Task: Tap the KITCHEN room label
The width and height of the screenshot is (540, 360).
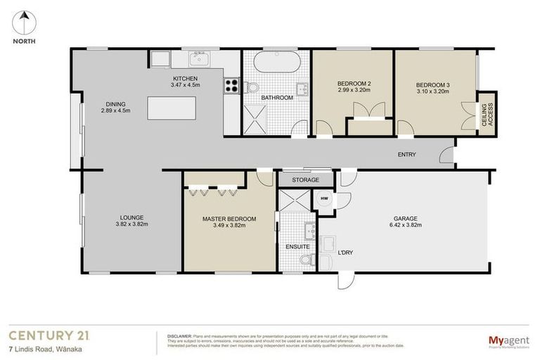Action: [x=185, y=78]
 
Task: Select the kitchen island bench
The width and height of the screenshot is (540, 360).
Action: [x=171, y=108]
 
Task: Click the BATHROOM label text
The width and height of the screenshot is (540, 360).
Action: [x=277, y=98]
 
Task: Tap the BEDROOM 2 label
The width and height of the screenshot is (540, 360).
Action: [x=354, y=84]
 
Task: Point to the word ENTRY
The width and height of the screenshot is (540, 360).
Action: [x=406, y=155]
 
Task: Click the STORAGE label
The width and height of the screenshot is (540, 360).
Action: [x=305, y=180]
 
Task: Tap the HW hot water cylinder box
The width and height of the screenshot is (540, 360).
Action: [x=324, y=199]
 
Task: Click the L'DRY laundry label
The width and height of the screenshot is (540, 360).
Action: [x=345, y=252]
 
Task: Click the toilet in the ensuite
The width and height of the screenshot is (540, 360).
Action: [x=306, y=261]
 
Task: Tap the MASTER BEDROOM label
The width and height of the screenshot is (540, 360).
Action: [x=229, y=219]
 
